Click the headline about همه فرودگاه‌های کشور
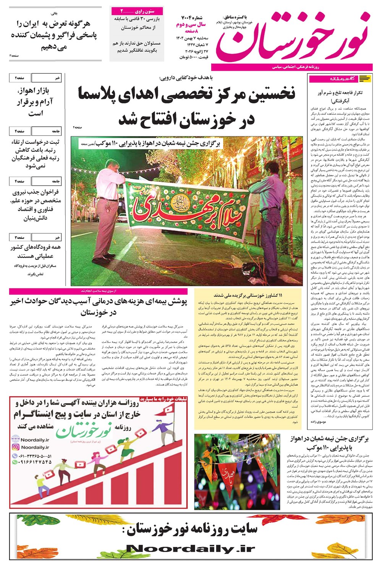click(x=34, y=252)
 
